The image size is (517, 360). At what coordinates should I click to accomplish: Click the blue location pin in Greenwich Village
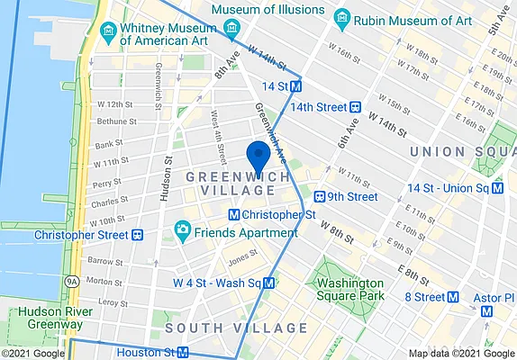tap(258, 157)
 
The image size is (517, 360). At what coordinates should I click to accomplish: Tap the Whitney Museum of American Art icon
tap(108, 31)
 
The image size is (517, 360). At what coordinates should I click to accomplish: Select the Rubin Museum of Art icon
tap(341, 17)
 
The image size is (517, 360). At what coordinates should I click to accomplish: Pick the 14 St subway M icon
tap(295, 85)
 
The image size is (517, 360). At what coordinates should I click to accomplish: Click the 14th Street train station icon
tap(356, 106)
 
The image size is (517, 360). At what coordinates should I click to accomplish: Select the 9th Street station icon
tap(318, 196)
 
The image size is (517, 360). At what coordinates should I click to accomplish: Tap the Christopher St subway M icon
tap(234, 215)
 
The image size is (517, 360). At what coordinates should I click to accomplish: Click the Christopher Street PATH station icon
tap(139, 235)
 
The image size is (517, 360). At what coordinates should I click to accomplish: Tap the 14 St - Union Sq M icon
tap(496, 188)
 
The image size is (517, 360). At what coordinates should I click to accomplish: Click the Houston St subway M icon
tap(183, 353)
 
